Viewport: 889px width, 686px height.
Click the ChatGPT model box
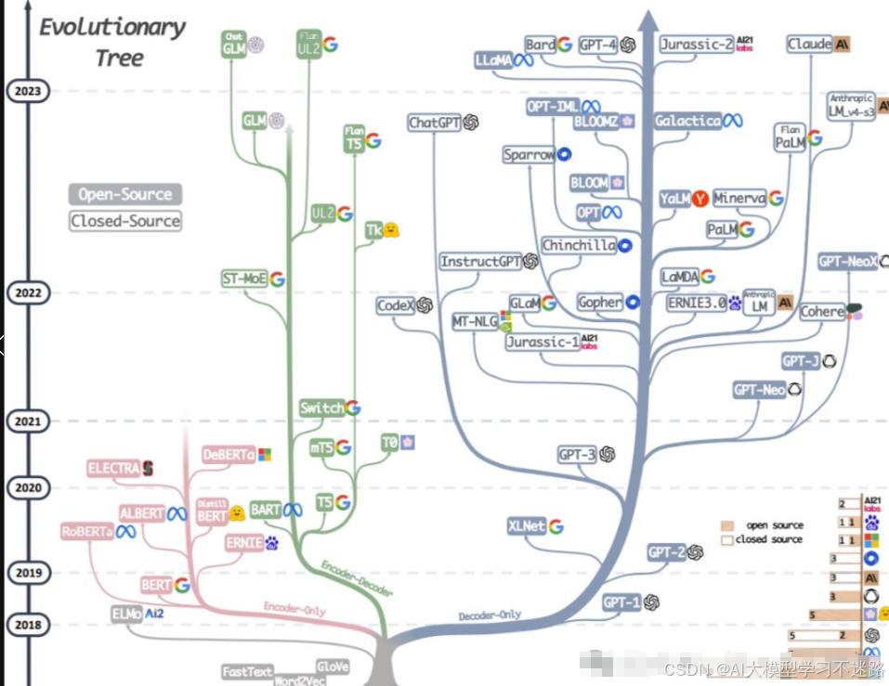[x=435, y=123]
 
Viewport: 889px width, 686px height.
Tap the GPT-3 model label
[x=577, y=454]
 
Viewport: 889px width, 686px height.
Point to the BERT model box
[x=156, y=586]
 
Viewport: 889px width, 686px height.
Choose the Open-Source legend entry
[x=124, y=195]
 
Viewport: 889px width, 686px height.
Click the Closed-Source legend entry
[x=124, y=221]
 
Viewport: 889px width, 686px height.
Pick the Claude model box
[x=810, y=44]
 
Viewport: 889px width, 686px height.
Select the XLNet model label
[x=527, y=526]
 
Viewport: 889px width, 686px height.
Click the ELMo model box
[x=126, y=614]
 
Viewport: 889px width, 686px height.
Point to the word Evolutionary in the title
[x=111, y=27]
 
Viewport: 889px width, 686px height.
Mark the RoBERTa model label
[x=86, y=532]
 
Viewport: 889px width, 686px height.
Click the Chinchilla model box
[x=579, y=245]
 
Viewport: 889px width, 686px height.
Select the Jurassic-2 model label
[x=697, y=44]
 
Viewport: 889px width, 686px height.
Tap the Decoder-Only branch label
[x=490, y=615]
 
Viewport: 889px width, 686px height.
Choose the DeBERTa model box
[x=229, y=455]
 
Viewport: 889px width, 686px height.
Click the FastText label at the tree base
[x=248, y=671]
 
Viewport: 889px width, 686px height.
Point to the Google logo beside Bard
[x=564, y=44]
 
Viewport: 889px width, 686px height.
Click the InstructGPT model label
[x=480, y=262]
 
